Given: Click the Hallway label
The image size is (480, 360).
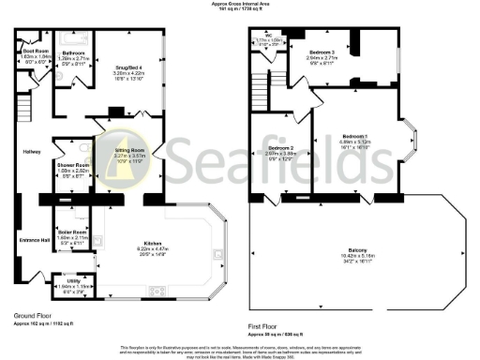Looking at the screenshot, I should point(31,151).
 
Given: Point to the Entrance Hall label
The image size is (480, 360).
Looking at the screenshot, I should point(34,240).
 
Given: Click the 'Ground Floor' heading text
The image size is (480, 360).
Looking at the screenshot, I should point(33,316).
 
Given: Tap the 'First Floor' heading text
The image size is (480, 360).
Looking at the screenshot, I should point(265,328).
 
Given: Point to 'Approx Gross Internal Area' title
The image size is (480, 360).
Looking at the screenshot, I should point(240,5).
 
